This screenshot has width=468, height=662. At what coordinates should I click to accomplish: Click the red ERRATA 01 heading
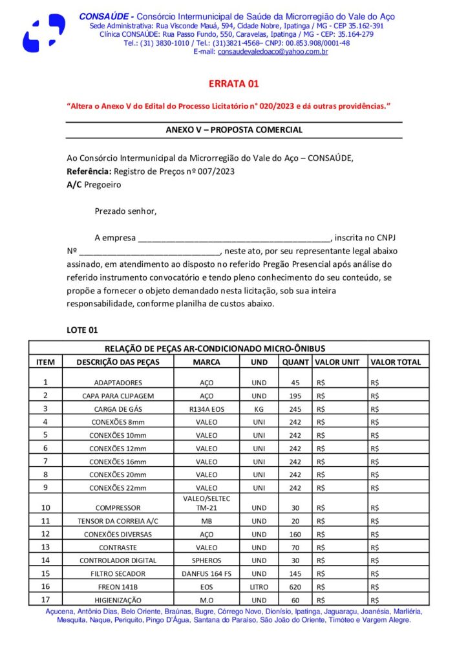click(x=233, y=84)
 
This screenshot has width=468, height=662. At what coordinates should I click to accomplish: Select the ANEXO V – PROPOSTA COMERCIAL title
click(x=233, y=130)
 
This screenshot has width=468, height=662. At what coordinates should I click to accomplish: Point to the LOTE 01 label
click(x=82, y=330)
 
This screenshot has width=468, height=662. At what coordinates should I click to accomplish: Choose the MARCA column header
click(x=206, y=362)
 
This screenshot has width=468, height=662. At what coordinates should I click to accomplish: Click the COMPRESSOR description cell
click(x=118, y=508)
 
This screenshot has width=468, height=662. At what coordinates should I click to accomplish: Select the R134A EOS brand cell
click(x=206, y=409)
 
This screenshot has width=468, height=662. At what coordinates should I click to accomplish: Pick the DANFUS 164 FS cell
click(x=206, y=573)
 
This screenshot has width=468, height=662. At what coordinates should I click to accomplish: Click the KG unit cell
click(x=259, y=409)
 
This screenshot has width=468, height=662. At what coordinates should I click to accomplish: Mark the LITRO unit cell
click(x=259, y=586)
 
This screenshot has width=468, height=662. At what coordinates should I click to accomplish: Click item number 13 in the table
click(x=45, y=547)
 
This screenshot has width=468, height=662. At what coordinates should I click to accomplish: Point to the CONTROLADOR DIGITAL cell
click(x=118, y=561)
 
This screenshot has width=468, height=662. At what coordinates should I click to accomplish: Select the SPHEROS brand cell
click(x=206, y=561)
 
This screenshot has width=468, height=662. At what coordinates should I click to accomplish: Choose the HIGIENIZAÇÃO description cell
click(x=118, y=600)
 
